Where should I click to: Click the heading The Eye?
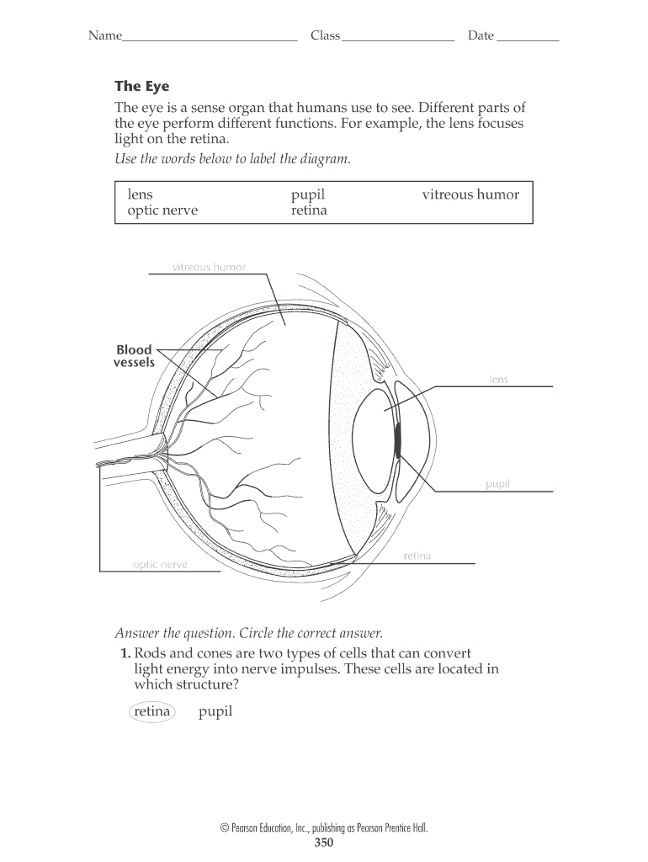(x=141, y=87)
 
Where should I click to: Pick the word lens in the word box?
(x=140, y=194)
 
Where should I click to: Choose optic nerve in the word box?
(x=162, y=210)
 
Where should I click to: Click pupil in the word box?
(x=307, y=194)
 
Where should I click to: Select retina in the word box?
(x=309, y=210)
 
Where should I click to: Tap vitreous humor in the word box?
(x=470, y=194)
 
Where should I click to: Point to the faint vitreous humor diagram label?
(x=209, y=268)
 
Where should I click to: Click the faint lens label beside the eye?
(x=499, y=380)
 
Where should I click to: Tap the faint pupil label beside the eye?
(x=497, y=484)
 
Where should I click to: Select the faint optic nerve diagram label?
(x=160, y=565)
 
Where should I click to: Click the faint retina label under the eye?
(x=417, y=556)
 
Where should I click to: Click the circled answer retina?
(x=151, y=712)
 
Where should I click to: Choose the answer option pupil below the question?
(x=215, y=712)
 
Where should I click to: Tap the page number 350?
(x=324, y=843)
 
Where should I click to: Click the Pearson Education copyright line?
(x=324, y=828)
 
